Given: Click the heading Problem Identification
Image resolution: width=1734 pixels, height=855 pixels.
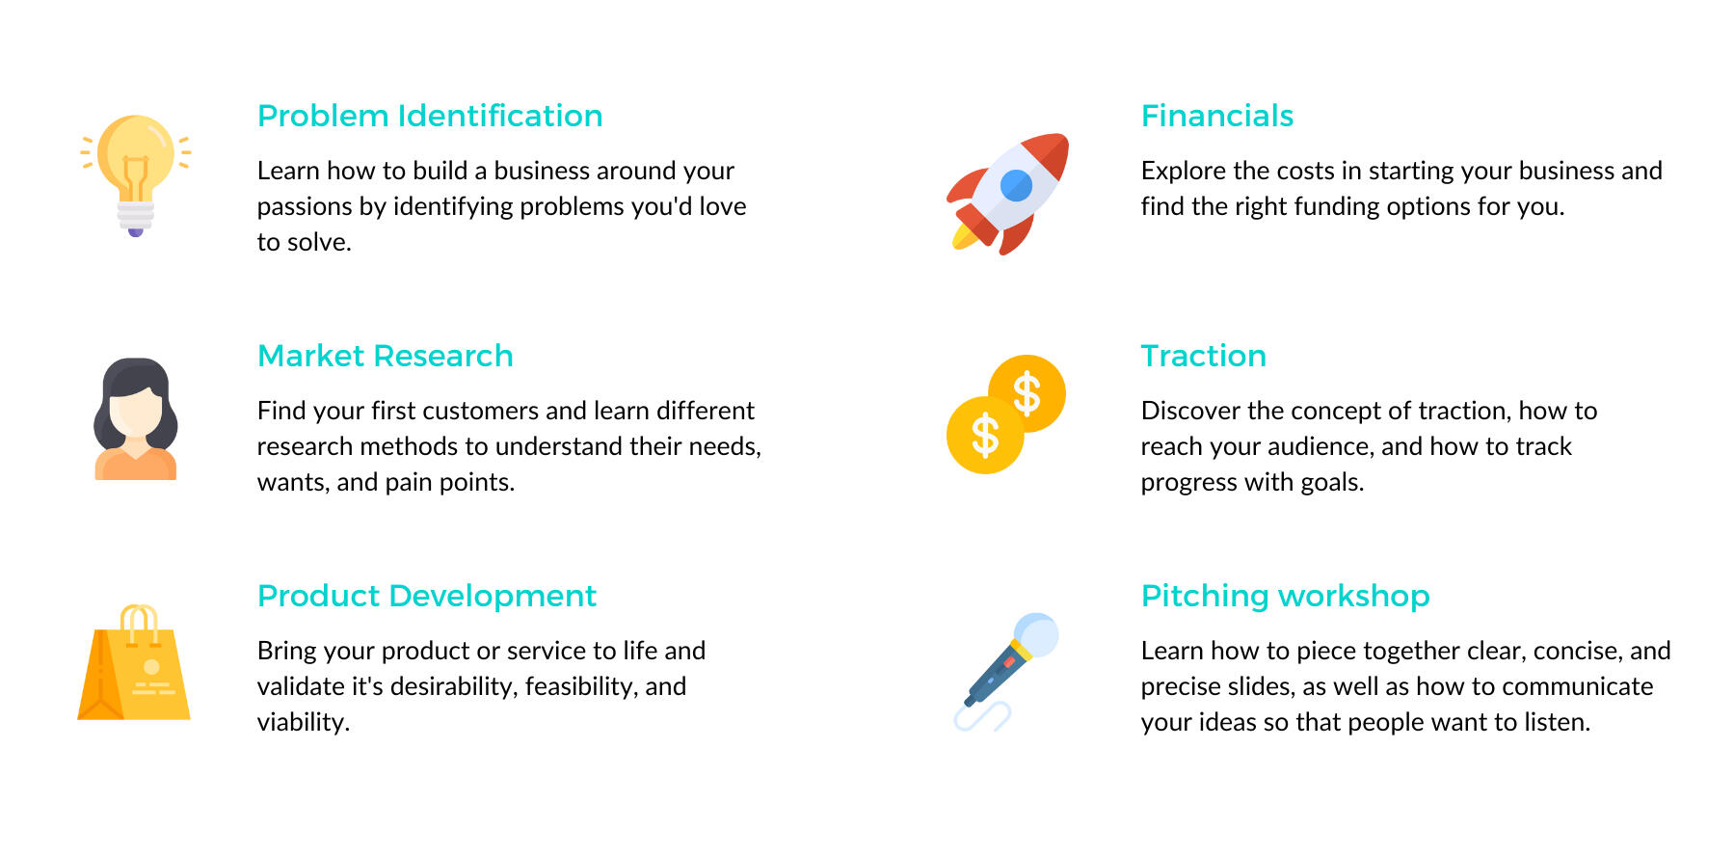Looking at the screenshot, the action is click(x=430, y=116).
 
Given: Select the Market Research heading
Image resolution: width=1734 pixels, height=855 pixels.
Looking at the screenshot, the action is click(x=386, y=356).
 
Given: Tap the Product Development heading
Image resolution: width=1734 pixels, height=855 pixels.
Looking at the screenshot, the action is click(x=427, y=597).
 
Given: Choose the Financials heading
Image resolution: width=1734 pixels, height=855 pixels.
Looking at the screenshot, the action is click(x=1217, y=116).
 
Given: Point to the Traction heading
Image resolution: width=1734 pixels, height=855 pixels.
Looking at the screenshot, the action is click(x=1204, y=356).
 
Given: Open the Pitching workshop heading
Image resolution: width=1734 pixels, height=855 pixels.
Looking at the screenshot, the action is click(x=1286, y=597).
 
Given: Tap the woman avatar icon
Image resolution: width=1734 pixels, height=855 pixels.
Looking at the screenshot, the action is click(x=136, y=419).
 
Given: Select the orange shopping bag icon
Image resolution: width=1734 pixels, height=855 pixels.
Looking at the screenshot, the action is click(x=134, y=662).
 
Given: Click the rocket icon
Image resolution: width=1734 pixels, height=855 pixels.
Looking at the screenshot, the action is click(x=1008, y=193).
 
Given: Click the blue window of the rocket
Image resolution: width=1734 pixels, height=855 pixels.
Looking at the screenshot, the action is click(x=1016, y=185).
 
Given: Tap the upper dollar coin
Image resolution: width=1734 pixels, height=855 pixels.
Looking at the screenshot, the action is click(x=1027, y=392).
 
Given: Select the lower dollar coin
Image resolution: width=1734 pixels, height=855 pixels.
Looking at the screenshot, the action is click(x=985, y=436).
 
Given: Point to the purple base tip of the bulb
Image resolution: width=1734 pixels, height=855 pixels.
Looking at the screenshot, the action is click(x=136, y=231).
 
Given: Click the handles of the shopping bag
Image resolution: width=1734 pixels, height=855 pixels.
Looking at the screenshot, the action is click(x=140, y=624).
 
